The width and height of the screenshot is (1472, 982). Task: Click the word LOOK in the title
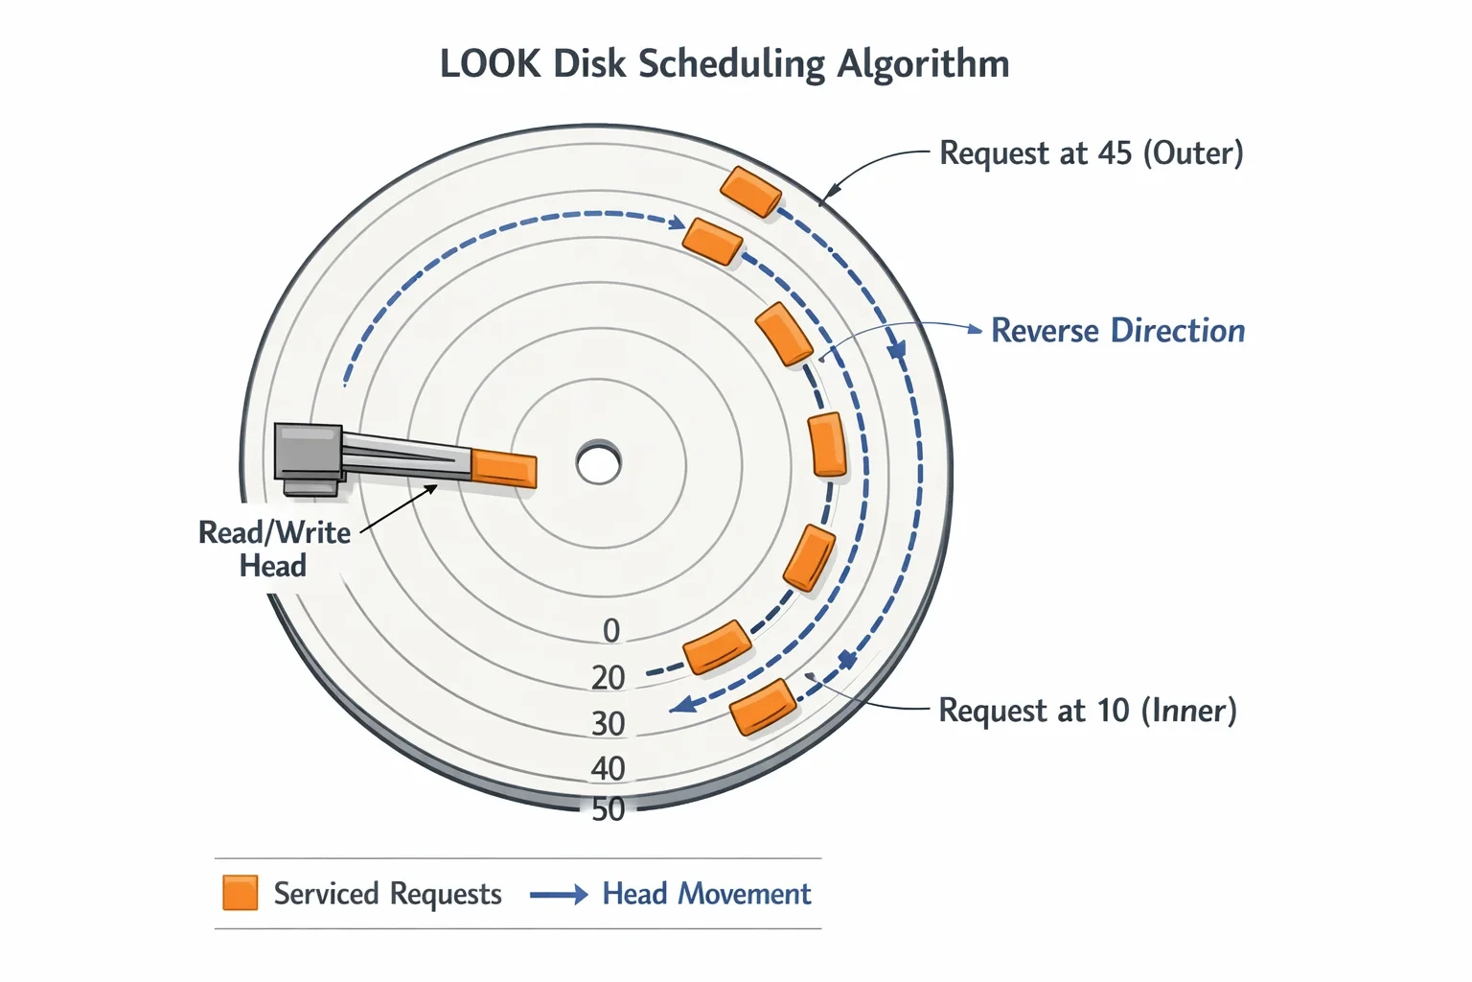point(491,64)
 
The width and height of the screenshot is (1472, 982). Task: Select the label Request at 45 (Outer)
point(1092,153)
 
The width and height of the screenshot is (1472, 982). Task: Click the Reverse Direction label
point(1117,330)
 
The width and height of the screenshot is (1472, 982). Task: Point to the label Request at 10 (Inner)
point(1088,711)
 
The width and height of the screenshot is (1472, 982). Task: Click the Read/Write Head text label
point(274,549)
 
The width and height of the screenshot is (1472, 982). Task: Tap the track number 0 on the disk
point(611,631)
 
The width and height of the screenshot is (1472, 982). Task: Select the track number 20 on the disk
point(608,677)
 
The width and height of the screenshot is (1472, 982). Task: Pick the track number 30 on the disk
point(608,723)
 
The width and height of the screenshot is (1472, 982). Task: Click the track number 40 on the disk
point(608,768)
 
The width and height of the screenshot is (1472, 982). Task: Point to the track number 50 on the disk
point(608,809)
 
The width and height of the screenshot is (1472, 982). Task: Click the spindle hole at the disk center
point(598,463)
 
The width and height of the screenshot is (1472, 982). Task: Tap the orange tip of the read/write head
point(504,468)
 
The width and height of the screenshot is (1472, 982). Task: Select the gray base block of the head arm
point(308,452)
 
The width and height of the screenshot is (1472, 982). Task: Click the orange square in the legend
point(240,893)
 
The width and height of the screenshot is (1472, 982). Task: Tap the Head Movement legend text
point(706,894)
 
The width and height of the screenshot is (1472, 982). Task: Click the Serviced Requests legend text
point(388,894)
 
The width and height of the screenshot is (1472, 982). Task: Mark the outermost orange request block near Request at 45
point(750,192)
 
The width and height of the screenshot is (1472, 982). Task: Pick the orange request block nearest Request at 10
point(763,707)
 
